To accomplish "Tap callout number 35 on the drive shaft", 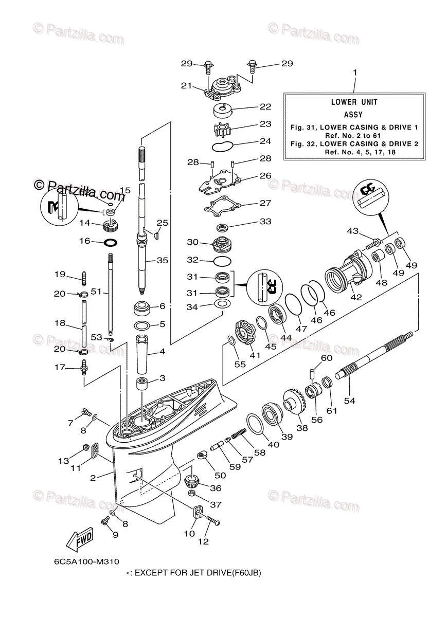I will tap(163, 261).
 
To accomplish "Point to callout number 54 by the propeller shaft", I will tap(349, 400).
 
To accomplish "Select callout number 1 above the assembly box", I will tap(354, 74).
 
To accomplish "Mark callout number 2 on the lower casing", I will tap(93, 478).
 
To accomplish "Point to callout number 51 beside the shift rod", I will tap(95, 292).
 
